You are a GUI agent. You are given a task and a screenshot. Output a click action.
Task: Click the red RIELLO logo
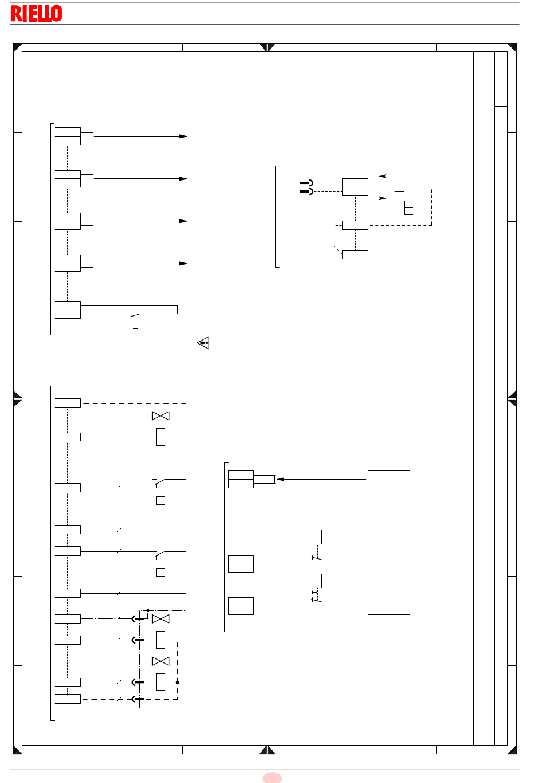click(x=36, y=13)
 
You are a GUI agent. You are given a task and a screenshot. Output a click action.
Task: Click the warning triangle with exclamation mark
click(x=203, y=343)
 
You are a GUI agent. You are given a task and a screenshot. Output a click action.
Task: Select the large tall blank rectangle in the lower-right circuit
click(x=389, y=542)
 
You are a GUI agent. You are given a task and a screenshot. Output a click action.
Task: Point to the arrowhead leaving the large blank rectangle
click(x=280, y=480)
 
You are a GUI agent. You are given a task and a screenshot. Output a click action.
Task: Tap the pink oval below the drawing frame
click(x=272, y=778)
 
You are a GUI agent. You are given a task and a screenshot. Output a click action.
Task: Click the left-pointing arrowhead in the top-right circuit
click(x=382, y=176)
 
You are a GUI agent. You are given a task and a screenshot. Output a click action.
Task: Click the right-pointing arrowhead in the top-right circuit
click(x=382, y=198)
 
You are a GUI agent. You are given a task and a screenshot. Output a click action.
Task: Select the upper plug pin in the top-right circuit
click(x=306, y=183)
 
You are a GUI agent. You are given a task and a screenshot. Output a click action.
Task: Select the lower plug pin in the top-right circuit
click(x=306, y=191)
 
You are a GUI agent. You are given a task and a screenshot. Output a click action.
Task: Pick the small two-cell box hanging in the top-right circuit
click(x=409, y=207)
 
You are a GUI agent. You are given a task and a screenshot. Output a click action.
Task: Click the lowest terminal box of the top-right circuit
click(x=356, y=255)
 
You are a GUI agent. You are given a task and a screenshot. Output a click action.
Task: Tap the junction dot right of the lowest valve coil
click(x=178, y=682)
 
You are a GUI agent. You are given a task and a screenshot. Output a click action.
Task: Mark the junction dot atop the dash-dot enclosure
click(x=148, y=610)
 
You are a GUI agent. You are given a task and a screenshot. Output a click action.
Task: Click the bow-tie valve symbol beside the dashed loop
click(x=161, y=416)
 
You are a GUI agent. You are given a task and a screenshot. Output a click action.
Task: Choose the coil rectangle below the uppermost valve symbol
click(x=161, y=437)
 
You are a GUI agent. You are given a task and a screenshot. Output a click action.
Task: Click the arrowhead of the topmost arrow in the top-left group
click(x=183, y=137)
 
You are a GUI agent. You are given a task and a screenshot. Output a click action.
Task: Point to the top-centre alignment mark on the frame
click(x=267, y=47)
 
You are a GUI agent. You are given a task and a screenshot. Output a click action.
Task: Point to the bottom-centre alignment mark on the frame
click(x=267, y=750)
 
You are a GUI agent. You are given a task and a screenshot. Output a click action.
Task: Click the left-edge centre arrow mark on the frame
click(x=18, y=399)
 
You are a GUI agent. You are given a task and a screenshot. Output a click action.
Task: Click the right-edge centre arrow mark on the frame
click(x=512, y=399)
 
